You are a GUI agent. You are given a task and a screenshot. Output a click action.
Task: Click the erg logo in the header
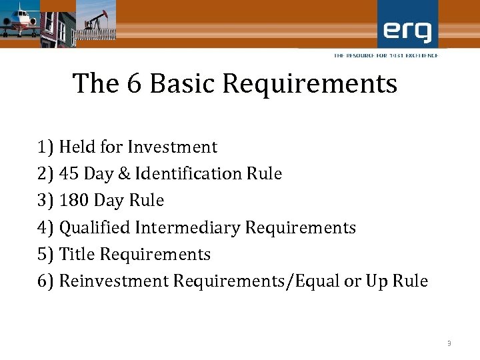[408, 30]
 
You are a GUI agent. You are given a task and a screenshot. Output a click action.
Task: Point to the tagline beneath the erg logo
[386, 55]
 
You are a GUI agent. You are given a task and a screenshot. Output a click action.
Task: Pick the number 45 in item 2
[68, 174]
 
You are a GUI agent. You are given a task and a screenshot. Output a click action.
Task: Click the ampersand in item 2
[124, 174]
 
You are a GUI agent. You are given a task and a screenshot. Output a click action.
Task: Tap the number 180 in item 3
[73, 201]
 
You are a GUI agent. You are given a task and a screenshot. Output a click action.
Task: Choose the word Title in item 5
[75, 255]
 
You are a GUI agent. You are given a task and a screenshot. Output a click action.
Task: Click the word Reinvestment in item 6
[114, 281]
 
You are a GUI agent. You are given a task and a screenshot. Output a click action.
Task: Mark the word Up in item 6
[376, 281]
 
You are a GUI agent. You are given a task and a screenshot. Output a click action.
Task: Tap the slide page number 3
[449, 343]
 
